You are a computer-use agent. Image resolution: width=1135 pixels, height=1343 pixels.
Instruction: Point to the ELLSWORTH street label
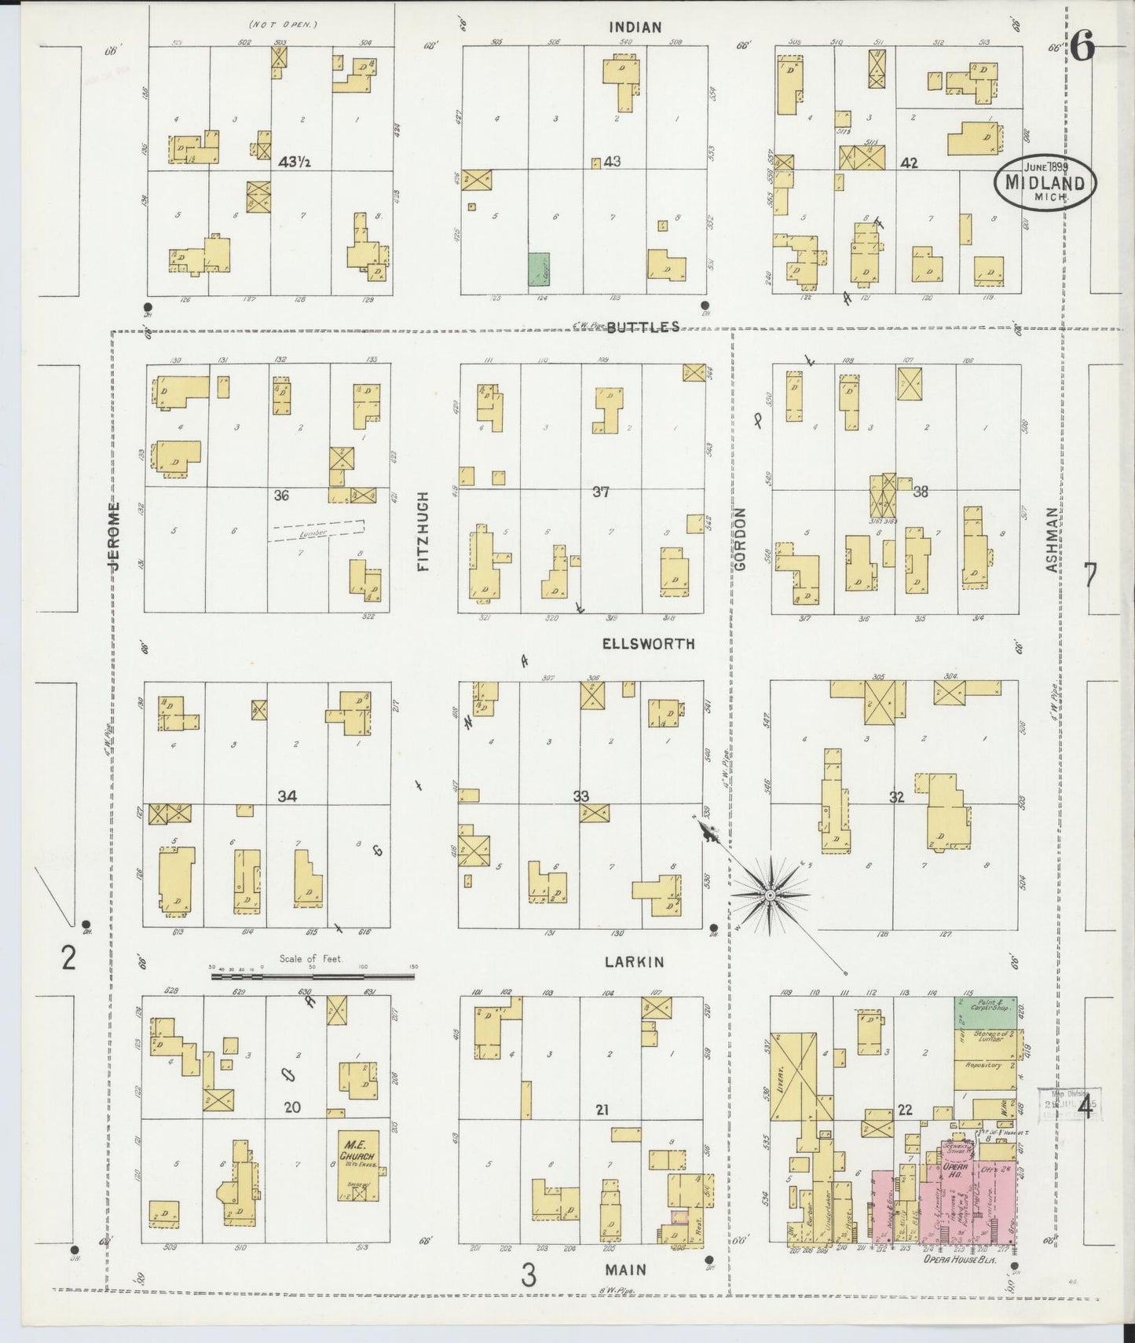click(x=648, y=644)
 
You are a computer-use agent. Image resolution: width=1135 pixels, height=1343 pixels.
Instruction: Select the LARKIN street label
click(x=634, y=962)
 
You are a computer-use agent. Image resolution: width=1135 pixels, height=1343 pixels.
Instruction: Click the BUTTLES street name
click(x=643, y=327)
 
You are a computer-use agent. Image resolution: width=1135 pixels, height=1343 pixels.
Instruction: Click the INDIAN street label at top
click(x=635, y=27)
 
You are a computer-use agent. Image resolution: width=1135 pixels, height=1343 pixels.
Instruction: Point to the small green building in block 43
click(x=538, y=269)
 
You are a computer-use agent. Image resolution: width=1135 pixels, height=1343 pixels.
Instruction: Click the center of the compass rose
click(x=771, y=895)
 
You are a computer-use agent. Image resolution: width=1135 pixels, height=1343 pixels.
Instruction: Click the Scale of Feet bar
click(x=313, y=977)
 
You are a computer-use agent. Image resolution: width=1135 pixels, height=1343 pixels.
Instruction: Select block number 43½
click(x=294, y=163)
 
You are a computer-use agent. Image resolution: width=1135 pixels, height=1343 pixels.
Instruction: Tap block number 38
click(x=921, y=492)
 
